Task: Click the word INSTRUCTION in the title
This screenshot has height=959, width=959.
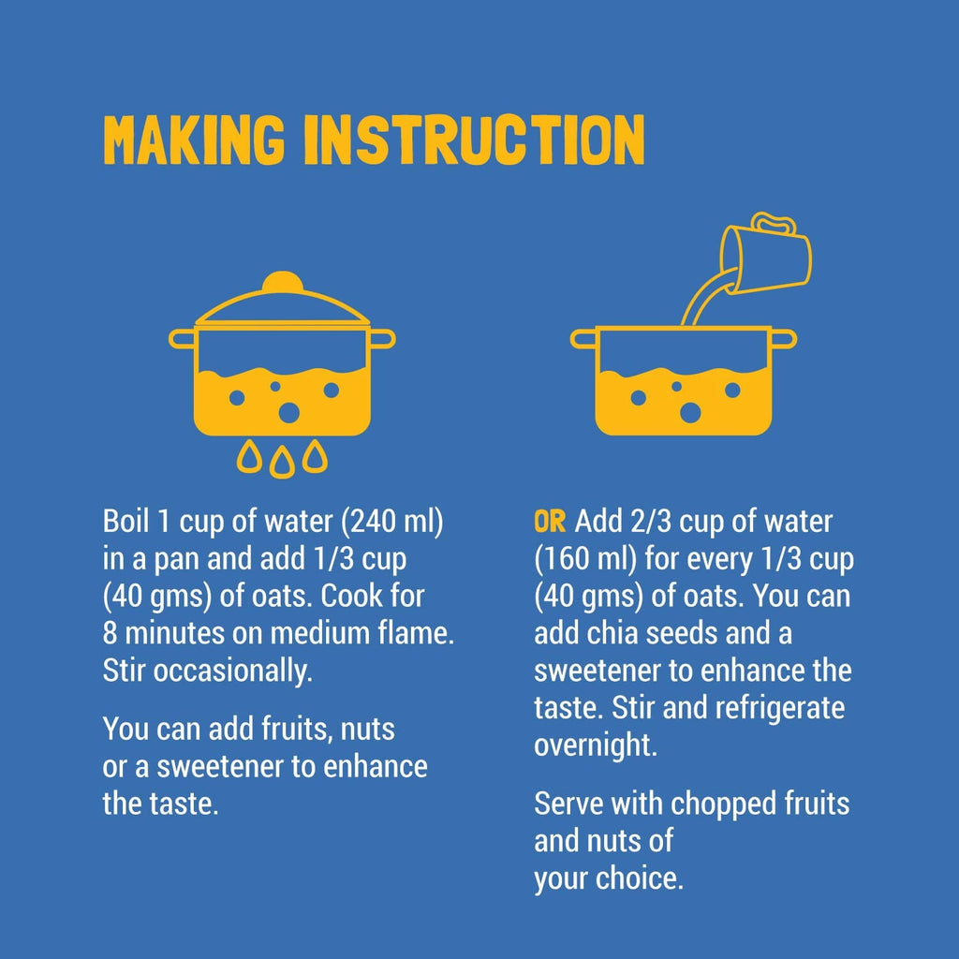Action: coord(475,140)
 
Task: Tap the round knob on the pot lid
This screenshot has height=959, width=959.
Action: coord(283,282)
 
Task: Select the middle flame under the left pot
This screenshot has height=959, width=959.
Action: coord(282,463)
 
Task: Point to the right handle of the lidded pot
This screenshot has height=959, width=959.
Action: coord(382,339)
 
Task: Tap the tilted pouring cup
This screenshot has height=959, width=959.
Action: coord(767,257)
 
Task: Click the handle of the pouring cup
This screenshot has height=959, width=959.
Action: coord(774,223)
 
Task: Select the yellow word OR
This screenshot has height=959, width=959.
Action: coord(549,522)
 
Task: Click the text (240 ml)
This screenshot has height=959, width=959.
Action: coord(392,522)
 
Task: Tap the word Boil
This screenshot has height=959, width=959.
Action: coord(126,521)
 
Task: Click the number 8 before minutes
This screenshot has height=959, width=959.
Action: coord(111,634)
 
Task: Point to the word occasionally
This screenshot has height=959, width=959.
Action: coord(232,671)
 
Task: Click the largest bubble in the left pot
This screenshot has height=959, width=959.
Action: coord(289,413)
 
